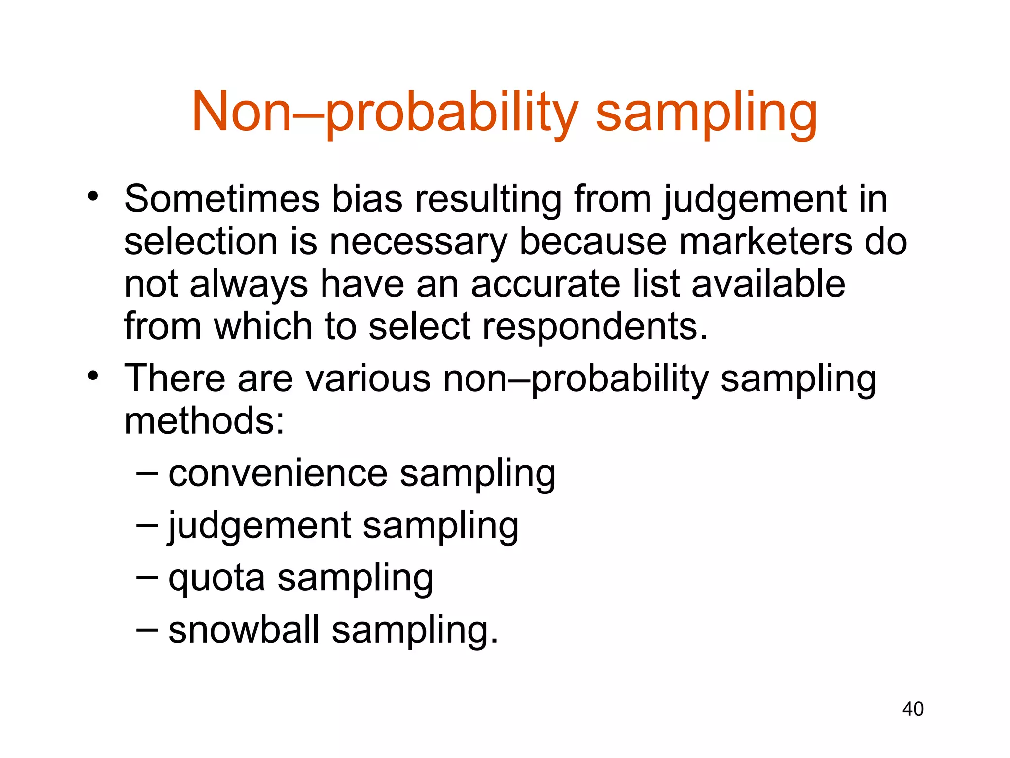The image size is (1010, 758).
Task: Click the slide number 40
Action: (x=913, y=709)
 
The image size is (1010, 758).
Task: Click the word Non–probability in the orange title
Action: (x=385, y=113)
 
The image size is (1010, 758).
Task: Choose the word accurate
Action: (x=545, y=284)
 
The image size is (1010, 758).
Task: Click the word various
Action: (x=368, y=379)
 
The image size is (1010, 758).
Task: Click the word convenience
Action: (x=278, y=473)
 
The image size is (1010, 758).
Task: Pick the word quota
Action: (x=216, y=578)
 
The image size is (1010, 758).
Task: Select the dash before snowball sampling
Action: (x=147, y=630)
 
